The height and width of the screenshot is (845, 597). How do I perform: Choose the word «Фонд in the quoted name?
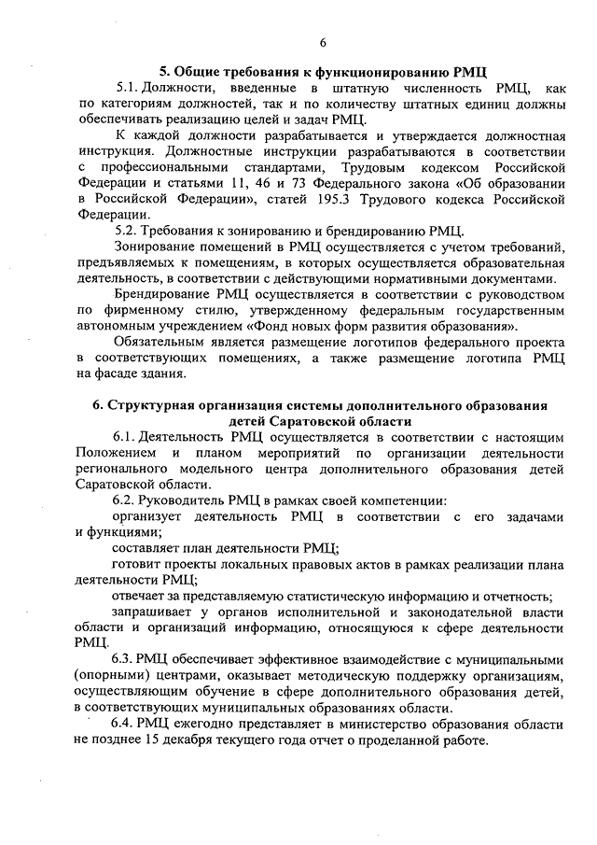point(268,327)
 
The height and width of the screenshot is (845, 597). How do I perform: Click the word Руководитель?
point(187,500)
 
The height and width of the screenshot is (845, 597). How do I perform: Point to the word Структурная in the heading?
point(149,404)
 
